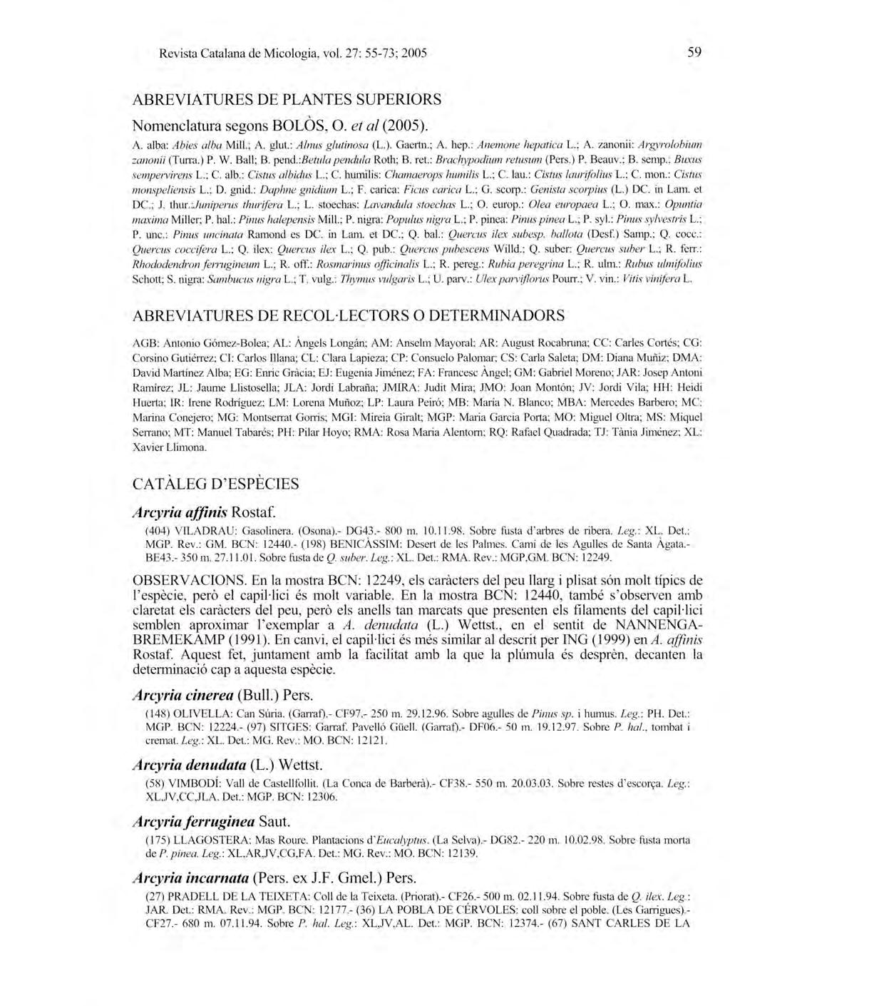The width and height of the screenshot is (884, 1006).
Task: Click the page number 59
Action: pos(694,52)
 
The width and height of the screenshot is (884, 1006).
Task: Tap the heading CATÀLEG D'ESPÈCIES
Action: pos(216,484)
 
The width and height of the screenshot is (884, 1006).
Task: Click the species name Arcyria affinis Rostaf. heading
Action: pos(204,512)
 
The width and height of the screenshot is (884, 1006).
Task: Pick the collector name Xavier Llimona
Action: pos(170,447)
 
